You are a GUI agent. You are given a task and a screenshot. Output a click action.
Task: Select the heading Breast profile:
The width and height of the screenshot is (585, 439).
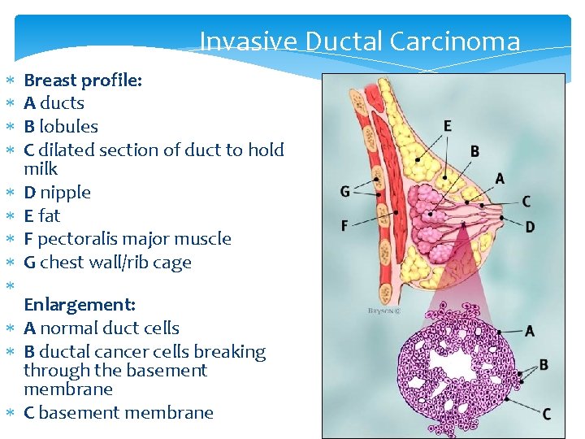83,80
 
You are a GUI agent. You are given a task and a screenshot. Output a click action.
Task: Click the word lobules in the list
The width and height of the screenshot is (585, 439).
68,127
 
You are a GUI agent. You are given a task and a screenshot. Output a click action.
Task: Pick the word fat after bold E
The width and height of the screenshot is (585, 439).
50,216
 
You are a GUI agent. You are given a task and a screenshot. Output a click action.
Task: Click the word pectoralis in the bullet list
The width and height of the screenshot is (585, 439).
77,239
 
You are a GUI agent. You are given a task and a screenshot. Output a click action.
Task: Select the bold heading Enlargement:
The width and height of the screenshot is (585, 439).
80,305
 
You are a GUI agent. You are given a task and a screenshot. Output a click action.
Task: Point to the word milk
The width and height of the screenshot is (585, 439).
41,169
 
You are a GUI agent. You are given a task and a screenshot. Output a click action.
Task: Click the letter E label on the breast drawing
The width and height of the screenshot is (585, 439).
448,126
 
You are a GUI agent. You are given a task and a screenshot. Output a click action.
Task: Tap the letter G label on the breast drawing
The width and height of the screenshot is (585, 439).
345,192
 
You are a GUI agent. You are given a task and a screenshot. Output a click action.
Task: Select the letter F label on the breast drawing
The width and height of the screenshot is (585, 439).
345,225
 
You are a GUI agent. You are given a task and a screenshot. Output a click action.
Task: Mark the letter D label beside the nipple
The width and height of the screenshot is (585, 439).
530,227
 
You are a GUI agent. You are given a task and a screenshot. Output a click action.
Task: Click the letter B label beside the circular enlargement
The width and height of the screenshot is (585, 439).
544,364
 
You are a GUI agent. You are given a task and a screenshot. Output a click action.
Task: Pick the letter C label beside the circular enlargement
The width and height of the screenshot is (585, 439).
547,415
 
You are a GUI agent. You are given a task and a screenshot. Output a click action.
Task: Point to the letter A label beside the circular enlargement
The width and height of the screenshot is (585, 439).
530,330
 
